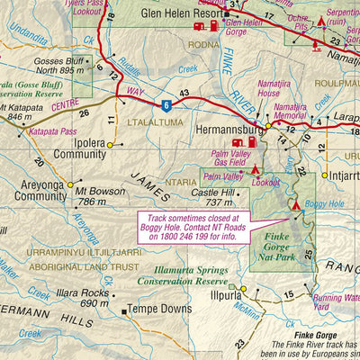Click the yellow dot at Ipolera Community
[x=110, y=144]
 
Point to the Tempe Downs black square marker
[x=124, y=311]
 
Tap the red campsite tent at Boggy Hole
[x=296, y=205]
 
